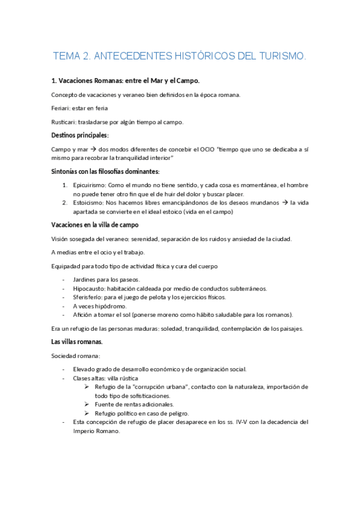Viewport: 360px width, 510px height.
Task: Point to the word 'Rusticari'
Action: tap(64, 121)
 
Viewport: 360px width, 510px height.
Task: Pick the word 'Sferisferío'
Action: tap(89, 296)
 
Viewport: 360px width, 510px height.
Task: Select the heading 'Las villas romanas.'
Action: tap(77, 342)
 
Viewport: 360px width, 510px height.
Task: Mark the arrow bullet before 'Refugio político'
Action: tap(88, 413)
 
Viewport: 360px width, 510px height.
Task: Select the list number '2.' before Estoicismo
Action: tap(65, 203)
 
